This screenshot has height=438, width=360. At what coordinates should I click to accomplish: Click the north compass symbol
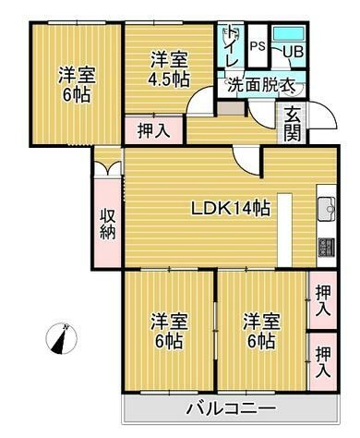61,339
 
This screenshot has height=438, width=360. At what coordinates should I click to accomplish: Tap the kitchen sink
327,209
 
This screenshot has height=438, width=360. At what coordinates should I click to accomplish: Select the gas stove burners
327,248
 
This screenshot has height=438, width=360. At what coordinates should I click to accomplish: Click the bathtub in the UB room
289,33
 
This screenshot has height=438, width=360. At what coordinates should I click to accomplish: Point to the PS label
258,46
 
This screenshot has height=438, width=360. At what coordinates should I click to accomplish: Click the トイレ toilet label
233,46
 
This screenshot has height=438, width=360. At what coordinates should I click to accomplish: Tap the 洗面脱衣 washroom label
261,86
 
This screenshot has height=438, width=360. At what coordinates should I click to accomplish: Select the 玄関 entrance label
293,125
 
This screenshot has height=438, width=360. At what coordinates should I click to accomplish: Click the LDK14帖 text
231,209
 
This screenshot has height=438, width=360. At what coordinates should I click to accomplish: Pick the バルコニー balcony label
231,408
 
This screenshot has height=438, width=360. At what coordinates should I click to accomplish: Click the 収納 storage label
108,224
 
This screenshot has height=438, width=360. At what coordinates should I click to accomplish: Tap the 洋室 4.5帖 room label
169,69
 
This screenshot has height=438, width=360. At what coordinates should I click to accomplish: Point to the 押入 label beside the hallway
154,130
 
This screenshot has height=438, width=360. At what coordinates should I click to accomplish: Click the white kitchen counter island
284,229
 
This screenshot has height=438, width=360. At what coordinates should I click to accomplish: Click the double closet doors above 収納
108,168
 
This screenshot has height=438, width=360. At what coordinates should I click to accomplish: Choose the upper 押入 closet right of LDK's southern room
323,300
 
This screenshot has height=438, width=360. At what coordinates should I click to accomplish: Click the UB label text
294,52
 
